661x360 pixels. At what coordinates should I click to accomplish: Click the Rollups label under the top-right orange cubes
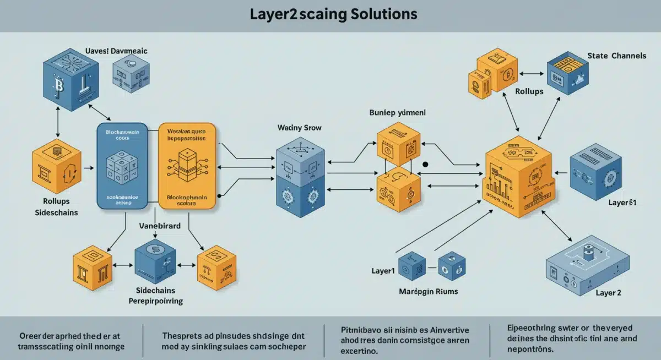(x=529, y=91)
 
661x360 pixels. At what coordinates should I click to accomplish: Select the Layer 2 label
(x=608, y=293)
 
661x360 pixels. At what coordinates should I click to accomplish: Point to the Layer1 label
(x=384, y=271)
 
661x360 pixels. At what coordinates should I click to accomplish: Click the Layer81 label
(x=622, y=203)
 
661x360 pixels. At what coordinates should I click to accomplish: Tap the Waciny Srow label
(x=300, y=127)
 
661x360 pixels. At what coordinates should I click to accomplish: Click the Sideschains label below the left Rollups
(x=56, y=212)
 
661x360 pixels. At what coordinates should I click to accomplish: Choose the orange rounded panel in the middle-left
(x=187, y=166)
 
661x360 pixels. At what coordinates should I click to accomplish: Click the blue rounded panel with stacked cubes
(x=126, y=166)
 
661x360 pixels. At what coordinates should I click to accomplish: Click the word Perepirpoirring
(x=156, y=301)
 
